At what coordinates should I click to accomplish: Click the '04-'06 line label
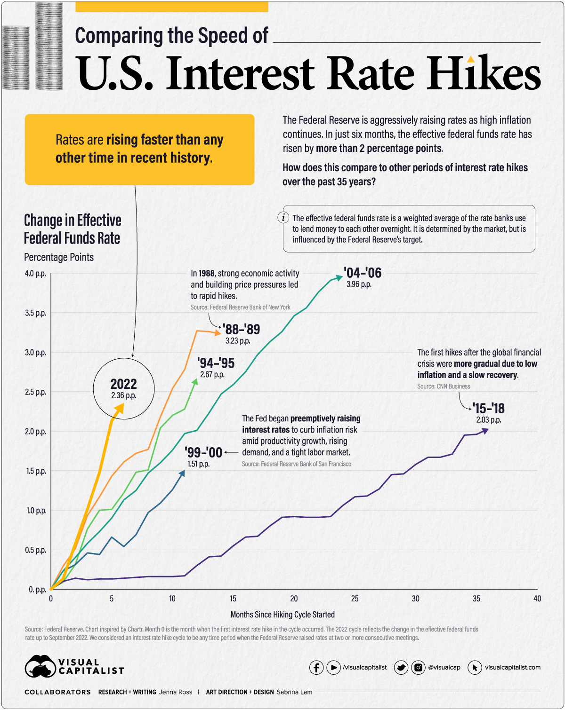362,273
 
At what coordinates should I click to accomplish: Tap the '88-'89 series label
242,329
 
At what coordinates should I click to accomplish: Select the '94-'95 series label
216,363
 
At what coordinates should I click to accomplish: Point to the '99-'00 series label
203,452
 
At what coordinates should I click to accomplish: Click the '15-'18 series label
488,408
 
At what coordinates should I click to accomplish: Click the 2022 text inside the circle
124,384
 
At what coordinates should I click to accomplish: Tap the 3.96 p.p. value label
359,284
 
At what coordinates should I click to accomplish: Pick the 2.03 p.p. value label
488,420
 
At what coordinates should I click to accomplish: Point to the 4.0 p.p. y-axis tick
35,274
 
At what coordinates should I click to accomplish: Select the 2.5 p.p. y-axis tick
35,392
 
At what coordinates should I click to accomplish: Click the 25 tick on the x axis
355,599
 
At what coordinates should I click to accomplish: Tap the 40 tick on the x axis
537,599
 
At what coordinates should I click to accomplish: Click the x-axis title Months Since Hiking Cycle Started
282,615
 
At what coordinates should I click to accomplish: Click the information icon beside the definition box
283,217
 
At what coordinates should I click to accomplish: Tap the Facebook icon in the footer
316,667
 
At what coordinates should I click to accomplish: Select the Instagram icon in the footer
418,667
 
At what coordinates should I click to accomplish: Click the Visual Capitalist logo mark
40,666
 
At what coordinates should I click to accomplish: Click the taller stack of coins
49,46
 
